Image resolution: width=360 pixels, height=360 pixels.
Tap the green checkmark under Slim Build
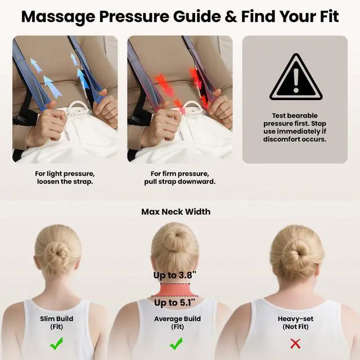click(x=57, y=343)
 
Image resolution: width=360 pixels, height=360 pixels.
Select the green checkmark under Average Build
click(x=176, y=343)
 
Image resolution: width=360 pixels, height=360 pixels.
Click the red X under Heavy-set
click(x=295, y=343)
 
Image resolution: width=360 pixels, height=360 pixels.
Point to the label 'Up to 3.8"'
click(x=174, y=276)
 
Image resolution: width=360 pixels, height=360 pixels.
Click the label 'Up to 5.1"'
click(x=174, y=303)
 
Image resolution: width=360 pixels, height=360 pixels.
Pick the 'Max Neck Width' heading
click(x=176, y=212)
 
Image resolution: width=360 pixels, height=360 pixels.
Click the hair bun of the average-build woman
click(x=175, y=238)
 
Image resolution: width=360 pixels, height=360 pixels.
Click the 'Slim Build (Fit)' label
click(x=57, y=323)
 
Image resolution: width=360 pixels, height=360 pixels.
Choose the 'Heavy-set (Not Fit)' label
click(x=295, y=323)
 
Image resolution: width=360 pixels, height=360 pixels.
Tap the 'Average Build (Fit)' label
click(x=176, y=323)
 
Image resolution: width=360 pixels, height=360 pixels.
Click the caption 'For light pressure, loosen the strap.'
click(x=65, y=178)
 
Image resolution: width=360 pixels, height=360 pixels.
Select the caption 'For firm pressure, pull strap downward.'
click(x=183, y=178)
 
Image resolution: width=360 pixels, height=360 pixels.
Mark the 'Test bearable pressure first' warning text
click(x=295, y=127)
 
